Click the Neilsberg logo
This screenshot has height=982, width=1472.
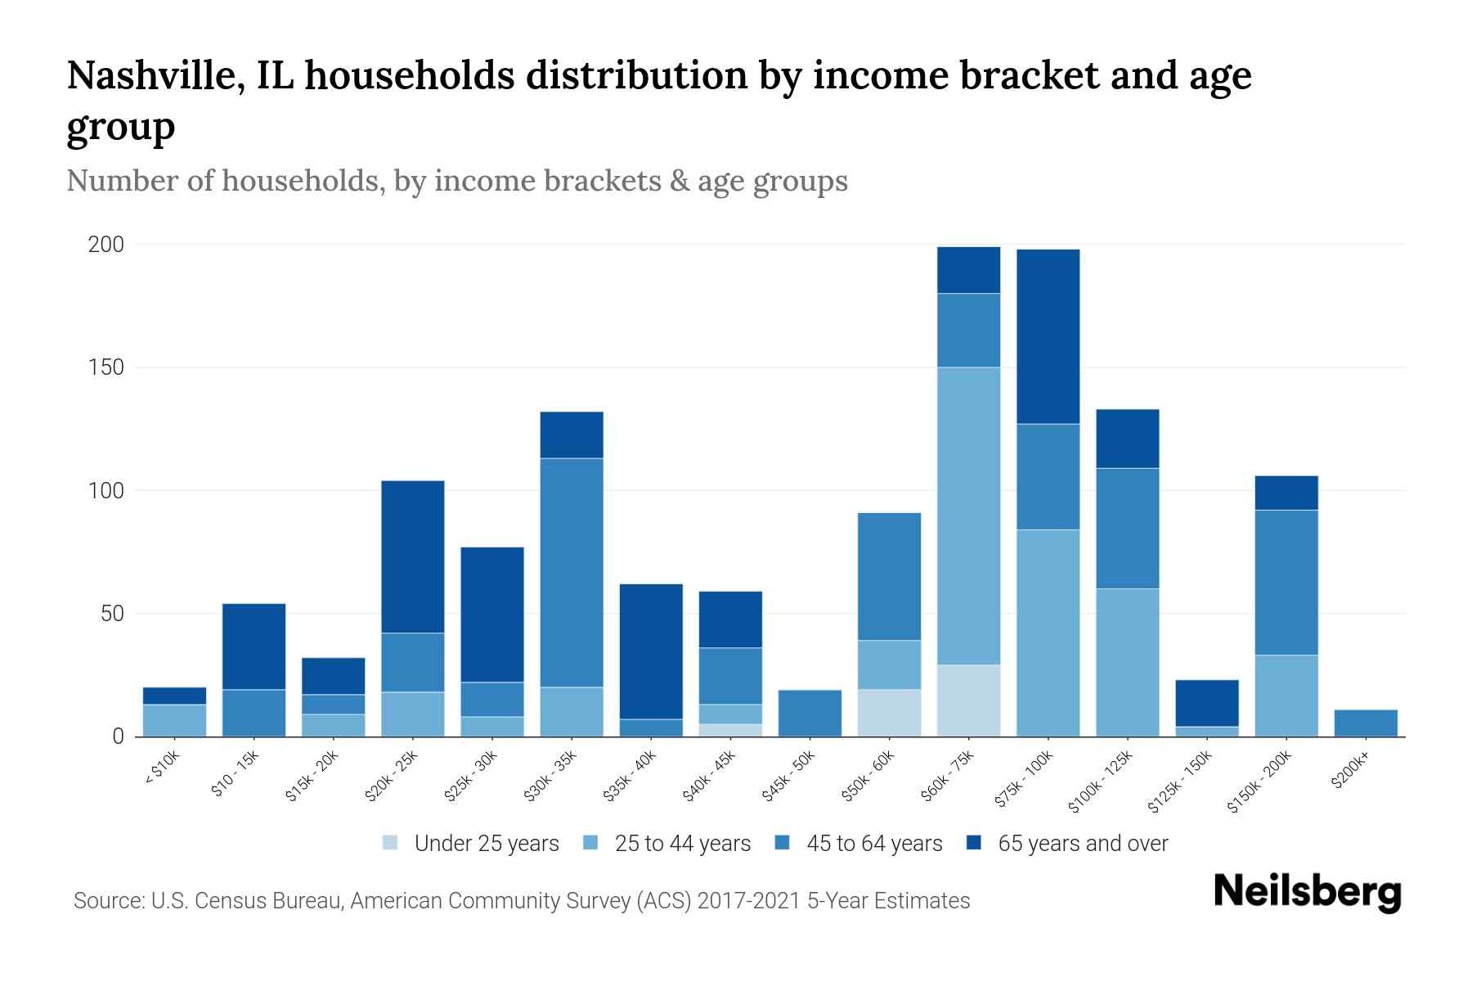[1307, 892]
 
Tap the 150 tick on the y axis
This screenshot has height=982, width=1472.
[106, 367]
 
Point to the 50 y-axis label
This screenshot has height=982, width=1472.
[112, 614]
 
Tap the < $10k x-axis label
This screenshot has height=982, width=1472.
[162, 769]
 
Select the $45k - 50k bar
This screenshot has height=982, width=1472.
[810, 713]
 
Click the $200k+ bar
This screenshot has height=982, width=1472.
[1366, 723]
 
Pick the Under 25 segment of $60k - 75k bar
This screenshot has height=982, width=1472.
[968, 700]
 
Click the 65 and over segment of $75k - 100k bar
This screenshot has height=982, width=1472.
[1048, 336]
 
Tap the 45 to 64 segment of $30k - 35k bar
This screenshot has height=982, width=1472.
[572, 572]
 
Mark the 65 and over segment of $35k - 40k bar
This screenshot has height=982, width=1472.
[651, 651]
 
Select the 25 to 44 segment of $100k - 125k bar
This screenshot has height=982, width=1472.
[1127, 662]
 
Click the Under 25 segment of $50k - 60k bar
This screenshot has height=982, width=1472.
[889, 713]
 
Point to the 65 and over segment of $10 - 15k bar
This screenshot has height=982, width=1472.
[254, 646]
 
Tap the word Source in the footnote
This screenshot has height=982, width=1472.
[108, 901]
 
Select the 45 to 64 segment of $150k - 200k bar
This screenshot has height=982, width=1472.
[1286, 582]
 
